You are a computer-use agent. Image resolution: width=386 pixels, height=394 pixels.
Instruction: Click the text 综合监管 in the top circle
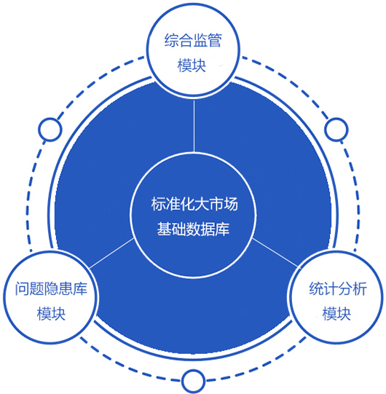click(x=193, y=40)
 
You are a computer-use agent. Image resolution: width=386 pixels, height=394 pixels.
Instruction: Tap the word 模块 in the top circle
click(x=192, y=66)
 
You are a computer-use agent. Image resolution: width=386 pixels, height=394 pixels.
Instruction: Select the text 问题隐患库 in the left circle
click(x=51, y=288)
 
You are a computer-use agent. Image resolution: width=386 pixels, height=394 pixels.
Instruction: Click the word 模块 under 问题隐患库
click(x=51, y=314)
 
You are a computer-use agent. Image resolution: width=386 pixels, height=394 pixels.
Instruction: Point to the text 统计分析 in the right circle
click(x=338, y=288)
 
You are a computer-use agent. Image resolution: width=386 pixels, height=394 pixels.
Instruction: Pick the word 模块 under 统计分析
click(x=336, y=314)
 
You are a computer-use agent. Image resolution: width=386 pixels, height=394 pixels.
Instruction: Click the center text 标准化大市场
click(x=194, y=204)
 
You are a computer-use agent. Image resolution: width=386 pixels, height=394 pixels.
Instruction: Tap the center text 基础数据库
click(x=193, y=229)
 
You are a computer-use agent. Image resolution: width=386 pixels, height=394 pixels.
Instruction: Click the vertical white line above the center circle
click(x=194, y=126)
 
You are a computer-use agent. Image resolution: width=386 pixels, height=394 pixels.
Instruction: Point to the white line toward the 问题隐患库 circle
click(x=112, y=253)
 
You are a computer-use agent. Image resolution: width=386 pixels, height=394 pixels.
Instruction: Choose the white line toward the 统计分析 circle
click(x=275, y=252)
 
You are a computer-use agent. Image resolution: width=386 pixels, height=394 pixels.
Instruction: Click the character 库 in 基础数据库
click(x=222, y=229)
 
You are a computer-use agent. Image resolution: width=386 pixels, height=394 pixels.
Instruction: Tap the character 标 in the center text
click(x=158, y=204)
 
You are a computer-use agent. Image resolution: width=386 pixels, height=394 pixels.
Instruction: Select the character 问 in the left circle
click(x=22, y=288)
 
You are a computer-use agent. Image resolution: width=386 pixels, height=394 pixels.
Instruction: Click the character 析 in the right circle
click(x=360, y=288)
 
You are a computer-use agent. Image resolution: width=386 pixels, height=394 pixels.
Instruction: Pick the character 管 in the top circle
click(x=215, y=40)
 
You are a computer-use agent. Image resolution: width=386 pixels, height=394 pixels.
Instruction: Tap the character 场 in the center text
click(x=231, y=204)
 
